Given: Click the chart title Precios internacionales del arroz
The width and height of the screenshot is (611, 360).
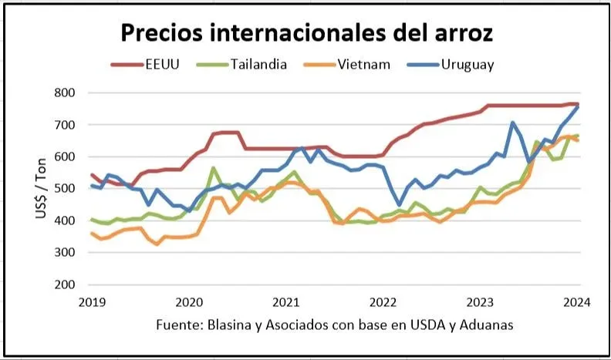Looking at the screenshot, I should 305,33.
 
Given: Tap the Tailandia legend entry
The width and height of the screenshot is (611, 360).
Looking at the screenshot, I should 258,64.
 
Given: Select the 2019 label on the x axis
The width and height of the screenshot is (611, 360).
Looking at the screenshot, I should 92,302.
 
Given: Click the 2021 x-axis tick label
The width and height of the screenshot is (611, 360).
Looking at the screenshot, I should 286,302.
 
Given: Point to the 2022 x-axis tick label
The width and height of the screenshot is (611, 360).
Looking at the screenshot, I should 383,302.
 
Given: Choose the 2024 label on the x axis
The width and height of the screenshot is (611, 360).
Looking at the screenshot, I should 577,302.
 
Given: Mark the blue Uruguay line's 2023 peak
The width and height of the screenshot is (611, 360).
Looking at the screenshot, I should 513,123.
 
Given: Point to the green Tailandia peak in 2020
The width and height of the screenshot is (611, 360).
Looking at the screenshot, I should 213,168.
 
